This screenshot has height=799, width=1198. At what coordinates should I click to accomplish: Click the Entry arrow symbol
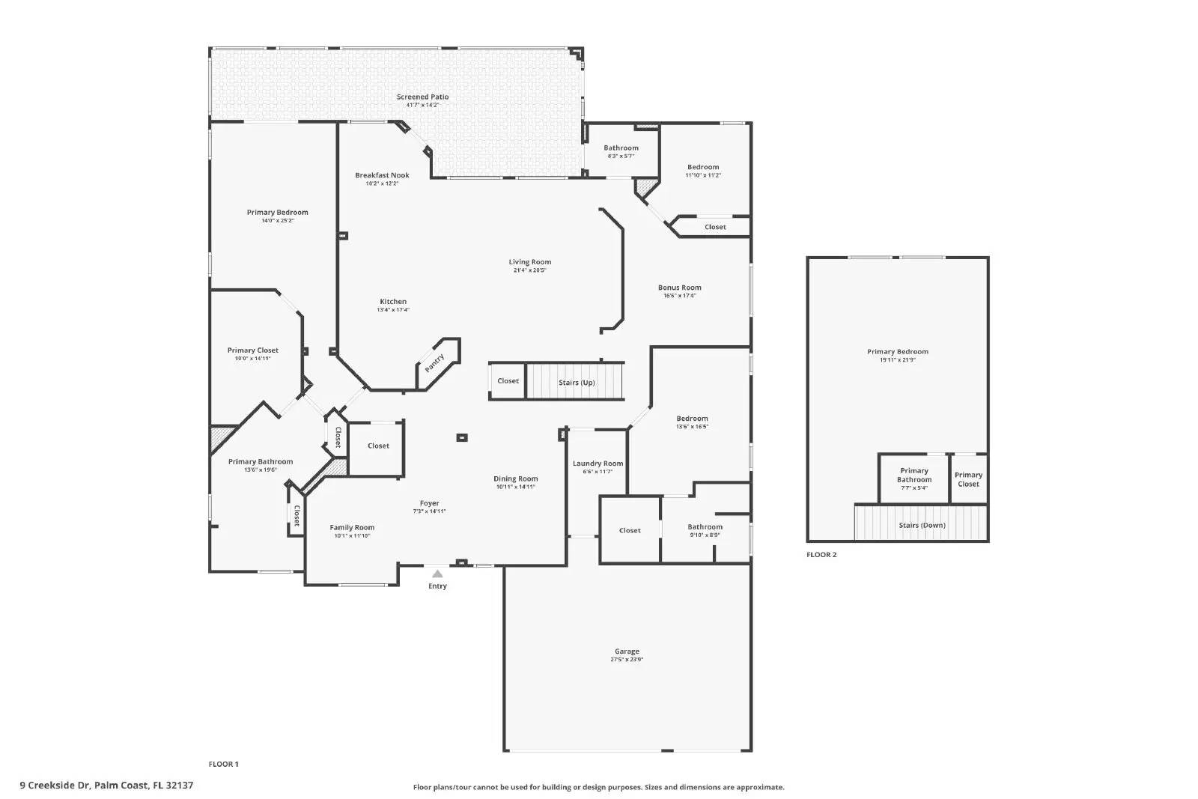coord(437,574)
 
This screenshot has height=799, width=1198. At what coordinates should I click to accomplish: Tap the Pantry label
coord(434,363)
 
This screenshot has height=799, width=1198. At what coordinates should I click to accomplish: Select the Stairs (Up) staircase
coord(576,382)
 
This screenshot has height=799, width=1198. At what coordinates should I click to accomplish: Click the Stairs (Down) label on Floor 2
coord(922,526)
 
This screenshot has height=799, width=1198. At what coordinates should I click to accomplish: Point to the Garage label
coord(627,651)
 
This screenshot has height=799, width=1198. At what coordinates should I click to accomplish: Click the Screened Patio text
coord(422,97)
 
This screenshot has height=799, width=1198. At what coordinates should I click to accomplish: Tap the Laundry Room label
coord(598,464)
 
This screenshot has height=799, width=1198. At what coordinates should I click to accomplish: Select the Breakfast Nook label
coord(382,175)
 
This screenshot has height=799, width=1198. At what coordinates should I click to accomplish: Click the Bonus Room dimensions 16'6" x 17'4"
coord(680,296)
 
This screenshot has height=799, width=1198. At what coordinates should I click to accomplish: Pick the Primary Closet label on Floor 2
coord(968,479)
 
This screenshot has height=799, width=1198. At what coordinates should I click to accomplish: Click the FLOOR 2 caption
coord(821,555)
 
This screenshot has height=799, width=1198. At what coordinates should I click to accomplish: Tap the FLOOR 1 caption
coord(223,765)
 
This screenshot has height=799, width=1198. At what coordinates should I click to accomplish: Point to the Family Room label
coord(352,527)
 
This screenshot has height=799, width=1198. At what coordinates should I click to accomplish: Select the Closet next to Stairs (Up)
coord(508,381)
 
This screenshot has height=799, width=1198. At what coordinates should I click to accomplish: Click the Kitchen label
coord(393,302)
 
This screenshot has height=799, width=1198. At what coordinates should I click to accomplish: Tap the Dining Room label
coord(515,479)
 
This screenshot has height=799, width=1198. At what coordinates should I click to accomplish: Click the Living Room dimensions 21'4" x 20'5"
coord(530,270)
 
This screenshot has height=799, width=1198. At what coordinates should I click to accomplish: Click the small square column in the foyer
coord(462,437)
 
